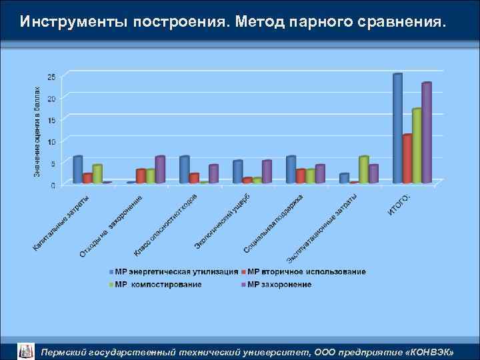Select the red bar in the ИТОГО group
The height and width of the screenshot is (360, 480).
coord(407,159)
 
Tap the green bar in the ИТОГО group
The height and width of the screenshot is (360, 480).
coord(417,145)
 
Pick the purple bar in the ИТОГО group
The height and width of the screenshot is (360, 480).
coord(427,133)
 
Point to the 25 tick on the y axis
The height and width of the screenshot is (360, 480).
coord(51,77)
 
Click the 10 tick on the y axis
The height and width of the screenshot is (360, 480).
coord(51,142)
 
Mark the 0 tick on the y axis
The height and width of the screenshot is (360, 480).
coord(53,185)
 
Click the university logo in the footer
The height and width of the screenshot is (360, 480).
coord(25,350)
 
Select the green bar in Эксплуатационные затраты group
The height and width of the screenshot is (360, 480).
coord(363,169)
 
